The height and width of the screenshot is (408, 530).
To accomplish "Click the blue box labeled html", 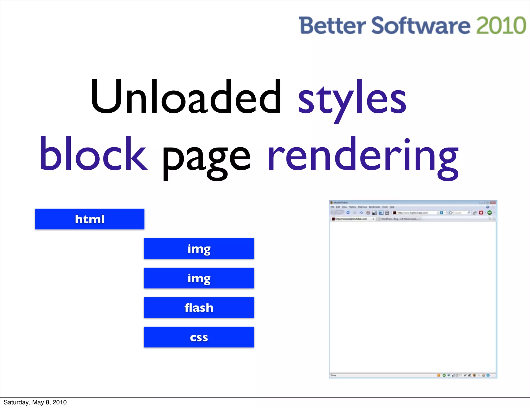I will pos(90,219).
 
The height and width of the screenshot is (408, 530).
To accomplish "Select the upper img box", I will pos(199,249).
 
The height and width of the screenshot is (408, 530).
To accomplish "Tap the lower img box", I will pos(199,278).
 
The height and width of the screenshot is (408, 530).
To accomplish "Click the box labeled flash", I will pos(199,308).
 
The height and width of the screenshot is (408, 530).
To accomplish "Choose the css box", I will pos(199,337).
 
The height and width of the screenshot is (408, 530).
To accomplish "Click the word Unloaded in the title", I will pos(186,97).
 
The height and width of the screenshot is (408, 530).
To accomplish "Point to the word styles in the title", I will pos(352,100).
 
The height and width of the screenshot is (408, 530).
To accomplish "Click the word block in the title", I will pos(93,154).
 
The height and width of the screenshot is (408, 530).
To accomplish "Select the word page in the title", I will pos(206,158).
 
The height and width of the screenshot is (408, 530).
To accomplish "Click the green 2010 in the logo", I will pos(501,25).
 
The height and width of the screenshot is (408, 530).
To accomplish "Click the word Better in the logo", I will pos(332,25).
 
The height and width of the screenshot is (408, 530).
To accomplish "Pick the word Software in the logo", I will pos(421,25).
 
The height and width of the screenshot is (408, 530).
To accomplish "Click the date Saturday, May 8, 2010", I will pos(35,402).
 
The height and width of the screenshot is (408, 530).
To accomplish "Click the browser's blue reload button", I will pos(348,213).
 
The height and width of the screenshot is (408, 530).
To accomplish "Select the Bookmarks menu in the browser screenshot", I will pos(374,207).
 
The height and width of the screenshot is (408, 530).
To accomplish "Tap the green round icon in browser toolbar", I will pos(489,213).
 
